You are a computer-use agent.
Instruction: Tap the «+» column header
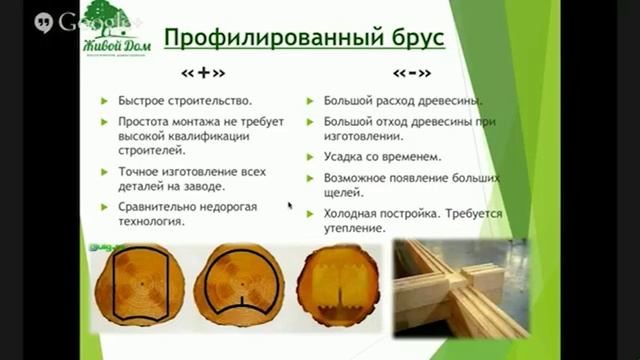point(203,74)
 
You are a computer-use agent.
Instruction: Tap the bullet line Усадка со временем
point(381,157)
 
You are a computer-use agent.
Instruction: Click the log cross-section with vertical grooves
point(339,285)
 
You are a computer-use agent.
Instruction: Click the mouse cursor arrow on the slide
point(290,205)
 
